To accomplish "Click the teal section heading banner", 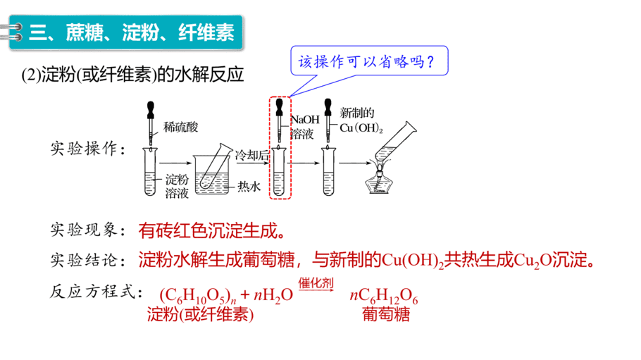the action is click(x=126, y=32).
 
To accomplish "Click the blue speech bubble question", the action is click(x=369, y=61).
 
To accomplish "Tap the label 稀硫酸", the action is click(x=180, y=127).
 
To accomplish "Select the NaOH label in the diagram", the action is click(x=305, y=120).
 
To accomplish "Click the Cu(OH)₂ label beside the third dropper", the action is click(x=361, y=128).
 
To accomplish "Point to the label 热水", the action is click(x=249, y=187).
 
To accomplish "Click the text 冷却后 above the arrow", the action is click(x=252, y=155).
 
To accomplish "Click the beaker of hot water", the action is click(x=211, y=175).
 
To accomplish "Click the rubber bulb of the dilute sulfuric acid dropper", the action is click(x=151, y=109).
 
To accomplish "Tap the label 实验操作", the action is click(x=88, y=149).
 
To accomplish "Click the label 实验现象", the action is click(x=88, y=230).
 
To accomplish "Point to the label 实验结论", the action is click(x=88, y=260).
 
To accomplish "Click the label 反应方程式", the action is click(x=96, y=292).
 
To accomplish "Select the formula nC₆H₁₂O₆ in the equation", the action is click(x=384, y=295).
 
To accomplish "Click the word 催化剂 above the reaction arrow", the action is click(x=316, y=283).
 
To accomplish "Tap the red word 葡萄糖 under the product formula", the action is click(x=386, y=315).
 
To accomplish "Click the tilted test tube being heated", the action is click(x=395, y=142).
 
